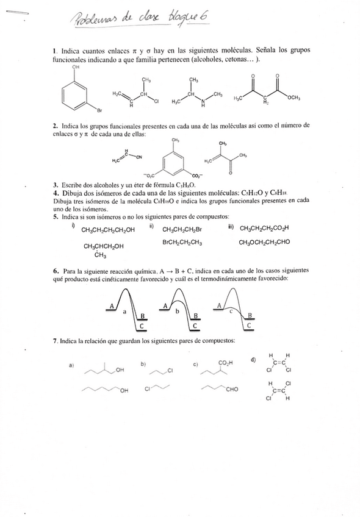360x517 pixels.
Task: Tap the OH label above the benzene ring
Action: click(x=76, y=68)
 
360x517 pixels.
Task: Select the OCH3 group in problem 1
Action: click(x=293, y=98)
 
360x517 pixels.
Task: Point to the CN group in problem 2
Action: click(x=139, y=157)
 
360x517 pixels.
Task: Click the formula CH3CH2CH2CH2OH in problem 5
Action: click(x=108, y=230)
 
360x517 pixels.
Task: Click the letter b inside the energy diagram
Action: click(x=176, y=310)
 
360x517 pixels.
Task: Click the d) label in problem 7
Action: click(x=253, y=360)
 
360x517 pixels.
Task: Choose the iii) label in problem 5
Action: click(x=230, y=227)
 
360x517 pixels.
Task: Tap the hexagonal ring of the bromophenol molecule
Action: click(x=76, y=94)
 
